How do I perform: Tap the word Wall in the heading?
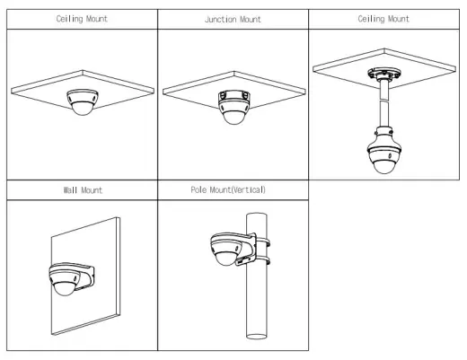click(x=70, y=190)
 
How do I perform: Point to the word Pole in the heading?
click(x=198, y=189)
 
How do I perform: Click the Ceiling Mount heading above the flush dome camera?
click(x=82, y=19)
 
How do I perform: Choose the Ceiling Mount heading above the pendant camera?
click(x=383, y=19)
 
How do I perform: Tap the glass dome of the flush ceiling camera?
click(x=83, y=109)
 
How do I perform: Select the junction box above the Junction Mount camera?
click(x=234, y=96)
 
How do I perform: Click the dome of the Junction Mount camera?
click(x=234, y=118)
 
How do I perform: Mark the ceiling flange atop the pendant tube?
click(x=384, y=74)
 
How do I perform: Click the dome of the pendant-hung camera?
click(x=384, y=166)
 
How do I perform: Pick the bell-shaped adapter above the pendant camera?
click(x=384, y=138)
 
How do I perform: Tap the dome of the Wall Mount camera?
click(x=64, y=289)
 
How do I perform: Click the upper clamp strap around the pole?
click(x=262, y=242)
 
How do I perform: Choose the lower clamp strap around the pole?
click(x=262, y=259)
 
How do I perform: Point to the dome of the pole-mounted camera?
click(x=226, y=259)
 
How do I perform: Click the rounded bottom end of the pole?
click(x=257, y=337)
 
